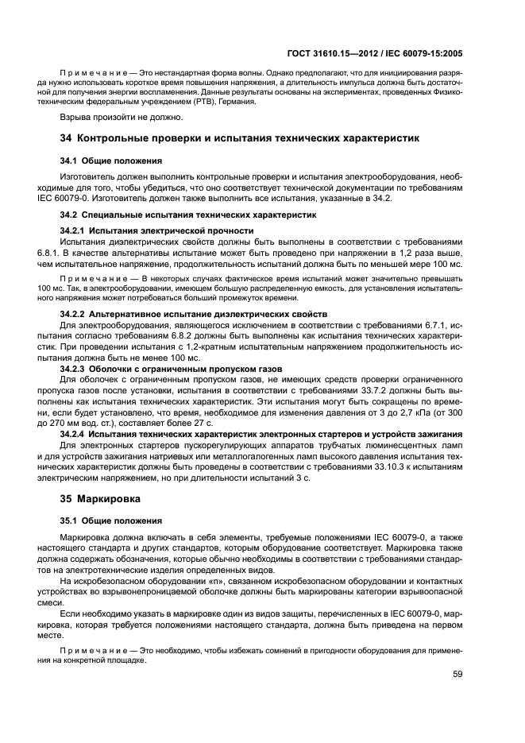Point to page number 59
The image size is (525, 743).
point(457,675)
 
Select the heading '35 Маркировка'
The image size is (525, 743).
point(100,501)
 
